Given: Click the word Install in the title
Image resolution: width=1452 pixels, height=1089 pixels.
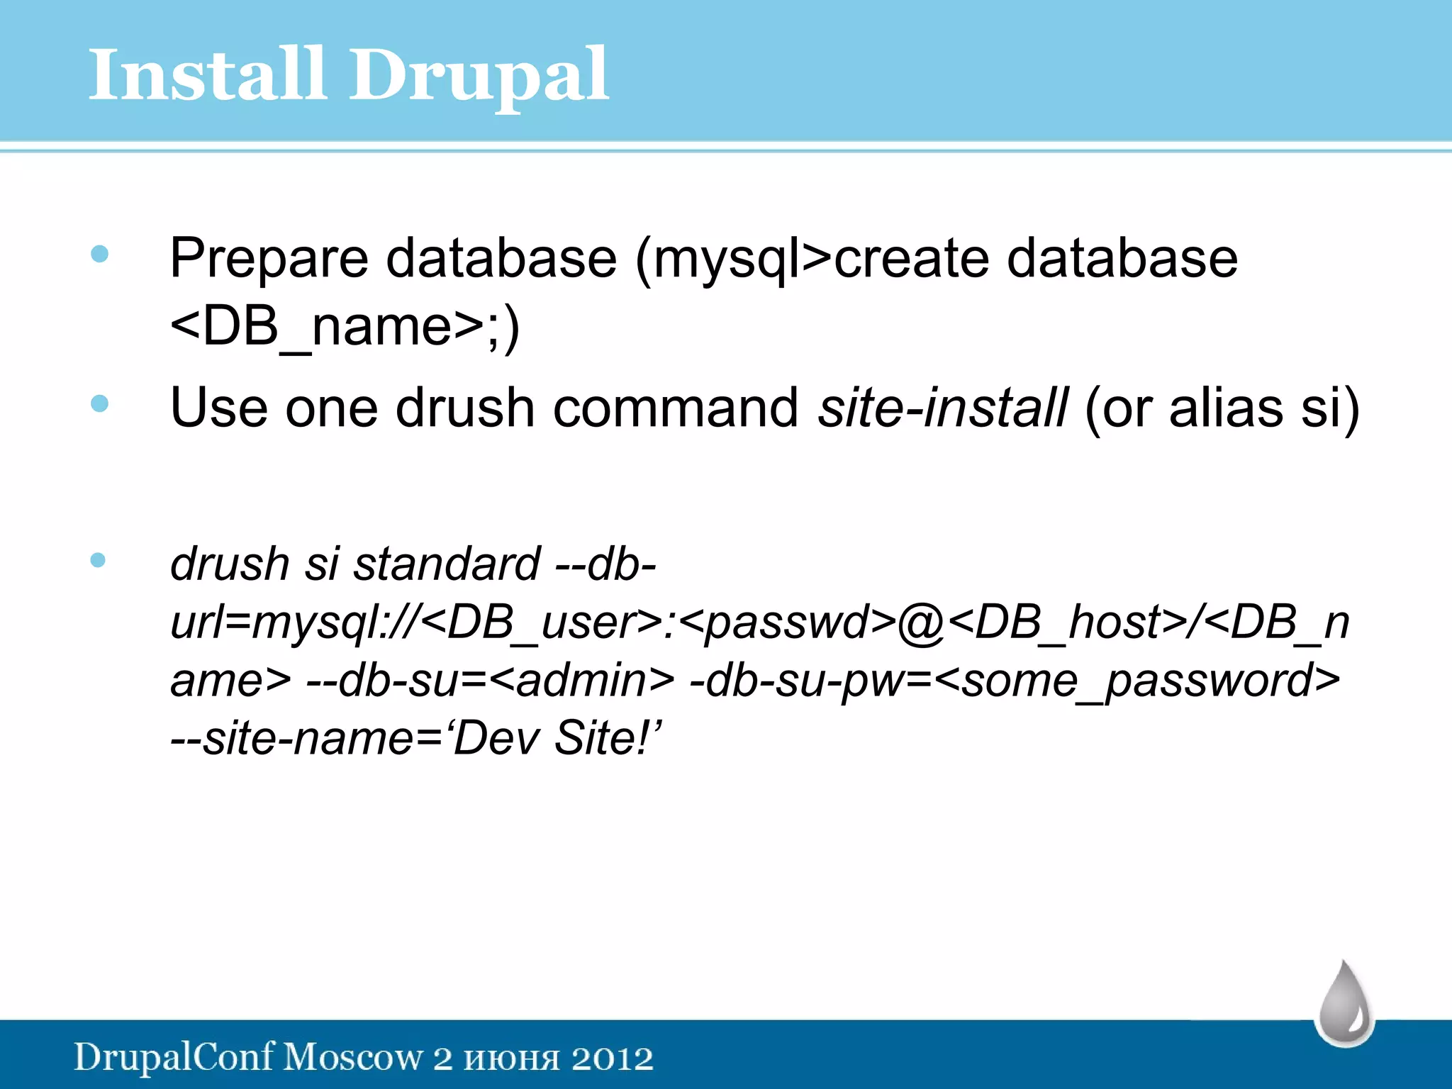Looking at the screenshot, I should point(206,74).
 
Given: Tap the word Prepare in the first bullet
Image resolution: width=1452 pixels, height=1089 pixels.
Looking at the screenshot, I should point(269,259).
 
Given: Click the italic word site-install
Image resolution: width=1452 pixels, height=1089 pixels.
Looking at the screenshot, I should point(943,408).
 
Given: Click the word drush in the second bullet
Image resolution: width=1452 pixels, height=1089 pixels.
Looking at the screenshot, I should point(464,408).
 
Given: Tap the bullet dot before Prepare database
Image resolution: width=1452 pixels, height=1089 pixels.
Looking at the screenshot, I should point(100,254).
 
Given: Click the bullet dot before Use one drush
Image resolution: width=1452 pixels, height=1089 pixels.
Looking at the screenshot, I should point(100,403).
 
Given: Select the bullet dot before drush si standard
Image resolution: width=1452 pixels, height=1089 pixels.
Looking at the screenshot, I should point(99,560).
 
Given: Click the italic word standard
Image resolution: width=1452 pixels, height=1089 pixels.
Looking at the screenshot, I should point(447,564).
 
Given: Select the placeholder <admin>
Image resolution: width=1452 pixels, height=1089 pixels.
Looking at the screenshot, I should point(581,681).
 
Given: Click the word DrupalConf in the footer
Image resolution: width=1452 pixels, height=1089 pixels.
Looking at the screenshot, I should point(174,1057).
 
